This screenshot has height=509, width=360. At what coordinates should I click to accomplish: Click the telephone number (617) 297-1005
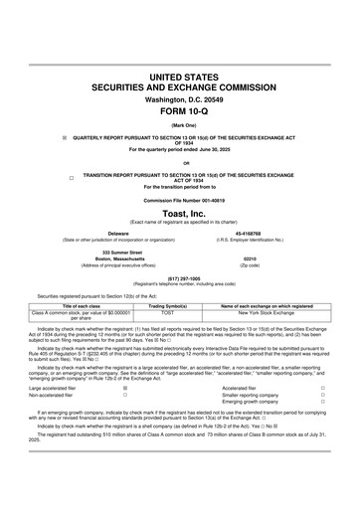click(x=179, y=278)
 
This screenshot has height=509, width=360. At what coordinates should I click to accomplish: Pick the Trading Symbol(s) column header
click(x=168, y=307)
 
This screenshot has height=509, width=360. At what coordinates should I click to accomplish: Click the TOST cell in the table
click(x=168, y=314)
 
